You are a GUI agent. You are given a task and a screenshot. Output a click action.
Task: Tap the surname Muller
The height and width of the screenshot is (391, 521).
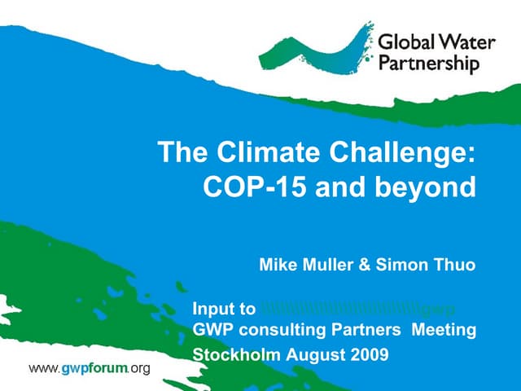(x=322, y=265)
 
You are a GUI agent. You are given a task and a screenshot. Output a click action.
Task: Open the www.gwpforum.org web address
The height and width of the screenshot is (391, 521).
(x=90, y=369)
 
